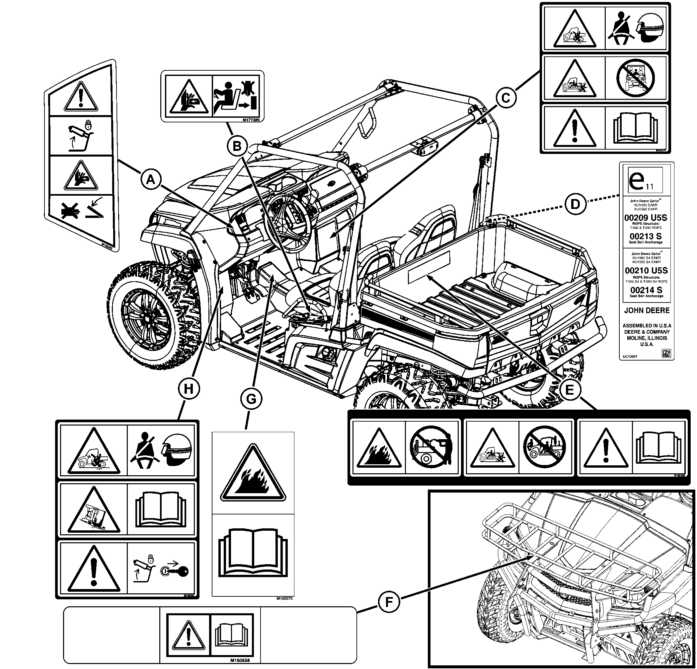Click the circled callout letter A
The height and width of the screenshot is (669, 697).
point(151,180)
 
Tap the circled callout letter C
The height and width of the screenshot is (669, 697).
point(505,98)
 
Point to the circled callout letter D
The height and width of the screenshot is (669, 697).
point(575,204)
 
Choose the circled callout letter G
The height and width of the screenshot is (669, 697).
point(251,399)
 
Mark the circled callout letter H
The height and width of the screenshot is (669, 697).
point(189,389)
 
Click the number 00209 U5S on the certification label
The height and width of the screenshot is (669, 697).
point(646,218)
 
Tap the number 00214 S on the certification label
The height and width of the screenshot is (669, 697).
point(646,290)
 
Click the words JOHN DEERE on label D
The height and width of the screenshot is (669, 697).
point(647,310)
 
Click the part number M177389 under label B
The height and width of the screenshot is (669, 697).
point(251,120)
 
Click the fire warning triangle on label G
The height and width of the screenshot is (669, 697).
point(253,475)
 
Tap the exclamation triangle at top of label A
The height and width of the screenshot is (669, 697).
point(81,97)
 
